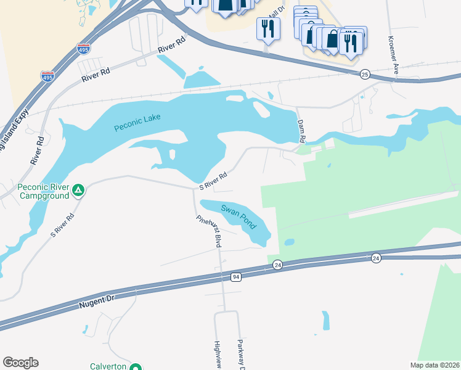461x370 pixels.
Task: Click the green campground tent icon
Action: (x=78, y=191)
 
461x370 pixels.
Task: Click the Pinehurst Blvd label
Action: (x=208, y=231)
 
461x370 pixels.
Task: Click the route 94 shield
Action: (x=236, y=277)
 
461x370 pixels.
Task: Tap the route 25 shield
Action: (x=365, y=75)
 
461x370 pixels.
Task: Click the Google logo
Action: (x=20, y=363)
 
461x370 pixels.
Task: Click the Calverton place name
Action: (x=108, y=366)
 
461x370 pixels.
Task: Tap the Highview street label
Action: (x=217, y=355)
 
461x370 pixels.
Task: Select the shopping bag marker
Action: (x=332, y=39)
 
